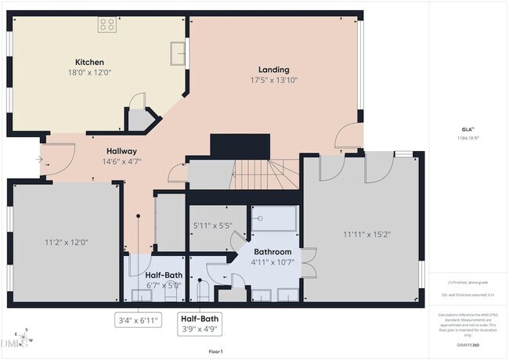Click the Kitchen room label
pyautogui.click(x=89, y=63)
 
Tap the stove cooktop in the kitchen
pyautogui.click(x=107, y=24)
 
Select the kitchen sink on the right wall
pyautogui.click(x=179, y=52)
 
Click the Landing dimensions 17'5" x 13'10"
pyautogui.click(x=273, y=80)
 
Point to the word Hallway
pyautogui.click(x=121, y=151)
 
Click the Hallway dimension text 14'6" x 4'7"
pyautogui.click(x=121, y=162)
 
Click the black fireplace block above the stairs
pyautogui.click(x=240, y=146)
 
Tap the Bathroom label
pyautogui.click(x=272, y=252)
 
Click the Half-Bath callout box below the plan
pyautogui.click(x=200, y=323)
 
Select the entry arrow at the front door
pyautogui.click(x=39, y=159)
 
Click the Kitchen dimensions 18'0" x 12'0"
pyautogui.click(x=89, y=73)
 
